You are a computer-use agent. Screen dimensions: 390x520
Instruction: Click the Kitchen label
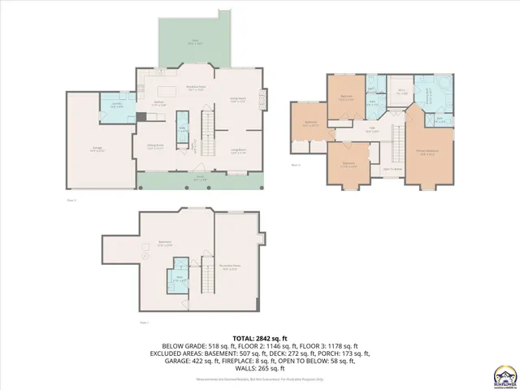click(x=159, y=103)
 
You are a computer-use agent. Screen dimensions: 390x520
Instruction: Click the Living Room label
click(x=238, y=150)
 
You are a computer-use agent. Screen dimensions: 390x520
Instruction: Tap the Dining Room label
click(x=156, y=147)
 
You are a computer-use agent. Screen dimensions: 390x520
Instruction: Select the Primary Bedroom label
click(x=427, y=152)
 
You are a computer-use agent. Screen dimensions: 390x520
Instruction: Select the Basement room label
click(x=165, y=243)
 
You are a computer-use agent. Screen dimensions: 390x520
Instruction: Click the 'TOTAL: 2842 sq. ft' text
click(x=260, y=337)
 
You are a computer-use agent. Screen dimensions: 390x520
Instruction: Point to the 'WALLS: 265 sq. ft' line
click(x=260, y=370)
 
